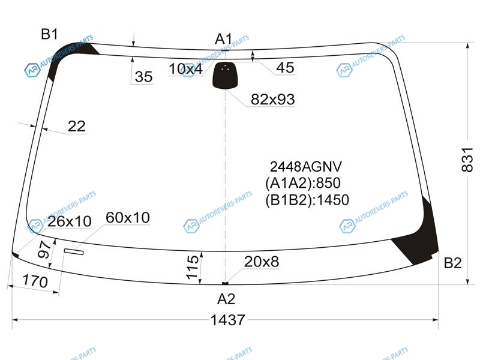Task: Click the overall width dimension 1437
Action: coord(228,320)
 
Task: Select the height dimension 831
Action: coord(467,160)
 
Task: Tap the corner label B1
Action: coord(49,34)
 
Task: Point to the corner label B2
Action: coord(452,263)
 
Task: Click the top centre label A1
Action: coord(223,39)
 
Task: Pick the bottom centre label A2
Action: coord(226,299)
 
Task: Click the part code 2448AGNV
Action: coord(305,167)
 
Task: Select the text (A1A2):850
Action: coord(303,183)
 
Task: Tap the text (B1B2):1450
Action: coord(307,200)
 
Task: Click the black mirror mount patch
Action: coord(226,76)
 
